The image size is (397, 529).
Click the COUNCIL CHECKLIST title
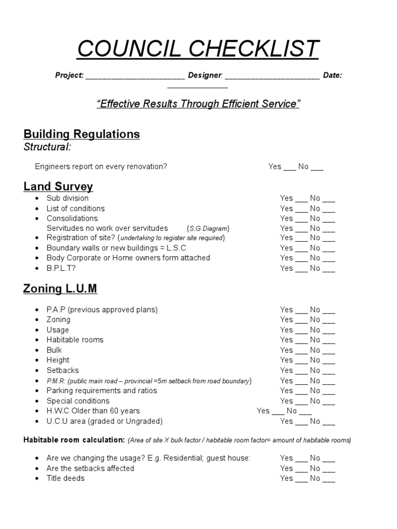click(x=198, y=49)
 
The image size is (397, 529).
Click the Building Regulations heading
click(x=82, y=134)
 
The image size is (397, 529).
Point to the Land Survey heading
click(x=58, y=186)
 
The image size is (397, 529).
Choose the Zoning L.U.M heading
click(x=60, y=289)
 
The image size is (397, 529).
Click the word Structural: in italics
click(x=48, y=147)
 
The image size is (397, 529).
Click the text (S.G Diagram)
click(x=208, y=228)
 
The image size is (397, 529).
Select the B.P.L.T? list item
click(x=64, y=268)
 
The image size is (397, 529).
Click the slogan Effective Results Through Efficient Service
click(x=198, y=104)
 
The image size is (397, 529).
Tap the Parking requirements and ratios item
click(x=102, y=391)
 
